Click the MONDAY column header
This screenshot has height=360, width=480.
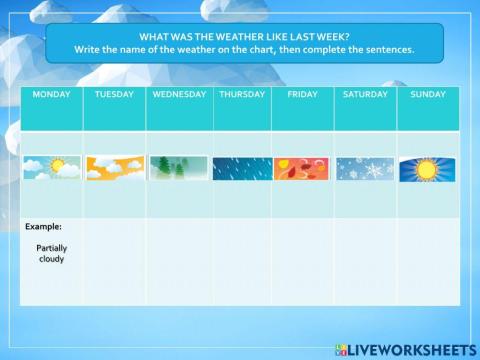coord(52,94)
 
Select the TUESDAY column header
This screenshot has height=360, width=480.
coord(114,94)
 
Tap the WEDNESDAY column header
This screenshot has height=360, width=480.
coord(179,94)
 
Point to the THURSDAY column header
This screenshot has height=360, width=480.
coord(242,94)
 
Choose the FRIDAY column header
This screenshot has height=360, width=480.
coord(302,94)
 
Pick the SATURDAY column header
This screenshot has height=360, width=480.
coord(365,94)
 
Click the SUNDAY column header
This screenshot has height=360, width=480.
coord(428,94)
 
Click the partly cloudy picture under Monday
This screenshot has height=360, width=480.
coord(52,168)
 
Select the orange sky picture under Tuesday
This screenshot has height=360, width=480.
coord(114,168)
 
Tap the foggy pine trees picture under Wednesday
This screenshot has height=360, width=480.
coord(179,168)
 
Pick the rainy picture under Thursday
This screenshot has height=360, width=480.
coord(242,168)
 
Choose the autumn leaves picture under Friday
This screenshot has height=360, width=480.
coord(302,168)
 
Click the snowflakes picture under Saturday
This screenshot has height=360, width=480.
coord(365,168)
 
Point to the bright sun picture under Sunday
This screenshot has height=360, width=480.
coord(428,168)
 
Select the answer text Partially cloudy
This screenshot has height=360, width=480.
coord(51,252)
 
